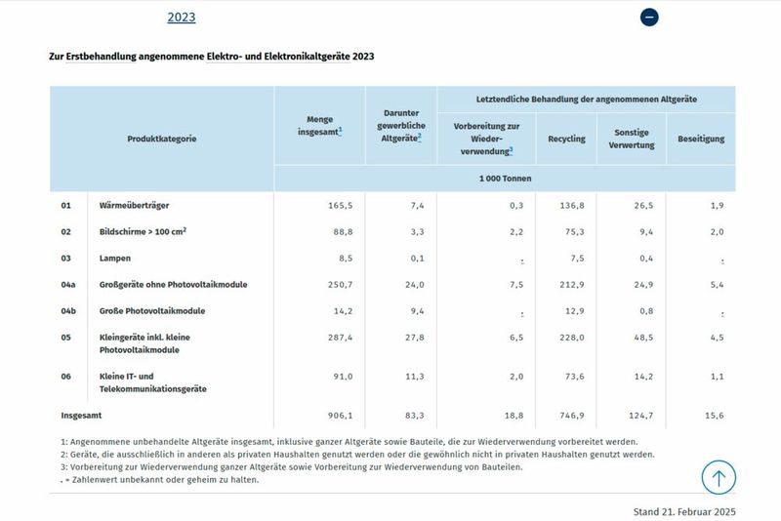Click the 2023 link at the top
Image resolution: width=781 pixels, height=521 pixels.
[x=182, y=18]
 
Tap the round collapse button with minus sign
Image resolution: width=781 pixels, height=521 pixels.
[x=649, y=18]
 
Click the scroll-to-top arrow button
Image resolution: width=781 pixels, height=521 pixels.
[x=719, y=478]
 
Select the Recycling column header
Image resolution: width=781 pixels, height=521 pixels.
[x=566, y=139]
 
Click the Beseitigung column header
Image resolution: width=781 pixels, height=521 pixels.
[x=701, y=139]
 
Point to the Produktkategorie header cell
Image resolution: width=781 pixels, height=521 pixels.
[x=162, y=139]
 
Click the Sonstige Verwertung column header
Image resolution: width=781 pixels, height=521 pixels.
[x=631, y=139]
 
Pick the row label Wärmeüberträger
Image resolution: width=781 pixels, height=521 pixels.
[x=136, y=206]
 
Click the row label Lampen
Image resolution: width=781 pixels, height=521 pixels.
[x=115, y=259]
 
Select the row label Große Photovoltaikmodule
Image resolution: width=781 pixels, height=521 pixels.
[x=152, y=311]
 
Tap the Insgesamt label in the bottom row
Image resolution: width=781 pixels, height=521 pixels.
[x=81, y=415]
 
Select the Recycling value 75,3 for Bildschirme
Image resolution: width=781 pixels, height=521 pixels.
[x=571, y=232]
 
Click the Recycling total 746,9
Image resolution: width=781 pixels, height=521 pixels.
[x=569, y=415]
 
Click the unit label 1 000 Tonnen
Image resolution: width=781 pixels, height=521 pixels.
[x=504, y=179]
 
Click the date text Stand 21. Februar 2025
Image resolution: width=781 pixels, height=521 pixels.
[x=683, y=511]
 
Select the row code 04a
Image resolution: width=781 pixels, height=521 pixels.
[x=68, y=285]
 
